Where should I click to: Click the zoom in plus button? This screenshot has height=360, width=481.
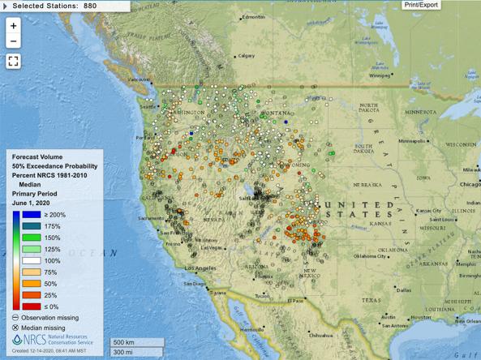coord(13,25)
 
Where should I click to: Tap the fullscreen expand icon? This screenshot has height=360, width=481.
coord(13,61)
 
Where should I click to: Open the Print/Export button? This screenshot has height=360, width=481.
coord(422,5)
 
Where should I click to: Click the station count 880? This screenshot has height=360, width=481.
coord(88,6)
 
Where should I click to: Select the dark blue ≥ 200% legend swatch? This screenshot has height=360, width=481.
coord(16,215)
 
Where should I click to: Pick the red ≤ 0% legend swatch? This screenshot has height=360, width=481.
coord(16,306)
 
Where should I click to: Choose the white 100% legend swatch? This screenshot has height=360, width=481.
coord(16,260)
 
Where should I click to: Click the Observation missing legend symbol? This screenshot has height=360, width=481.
coord(16,318)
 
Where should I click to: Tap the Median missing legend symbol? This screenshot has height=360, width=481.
coord(16,328)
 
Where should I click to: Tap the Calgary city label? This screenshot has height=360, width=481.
coord(247,56)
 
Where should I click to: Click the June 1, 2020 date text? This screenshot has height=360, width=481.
coord(33,203)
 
